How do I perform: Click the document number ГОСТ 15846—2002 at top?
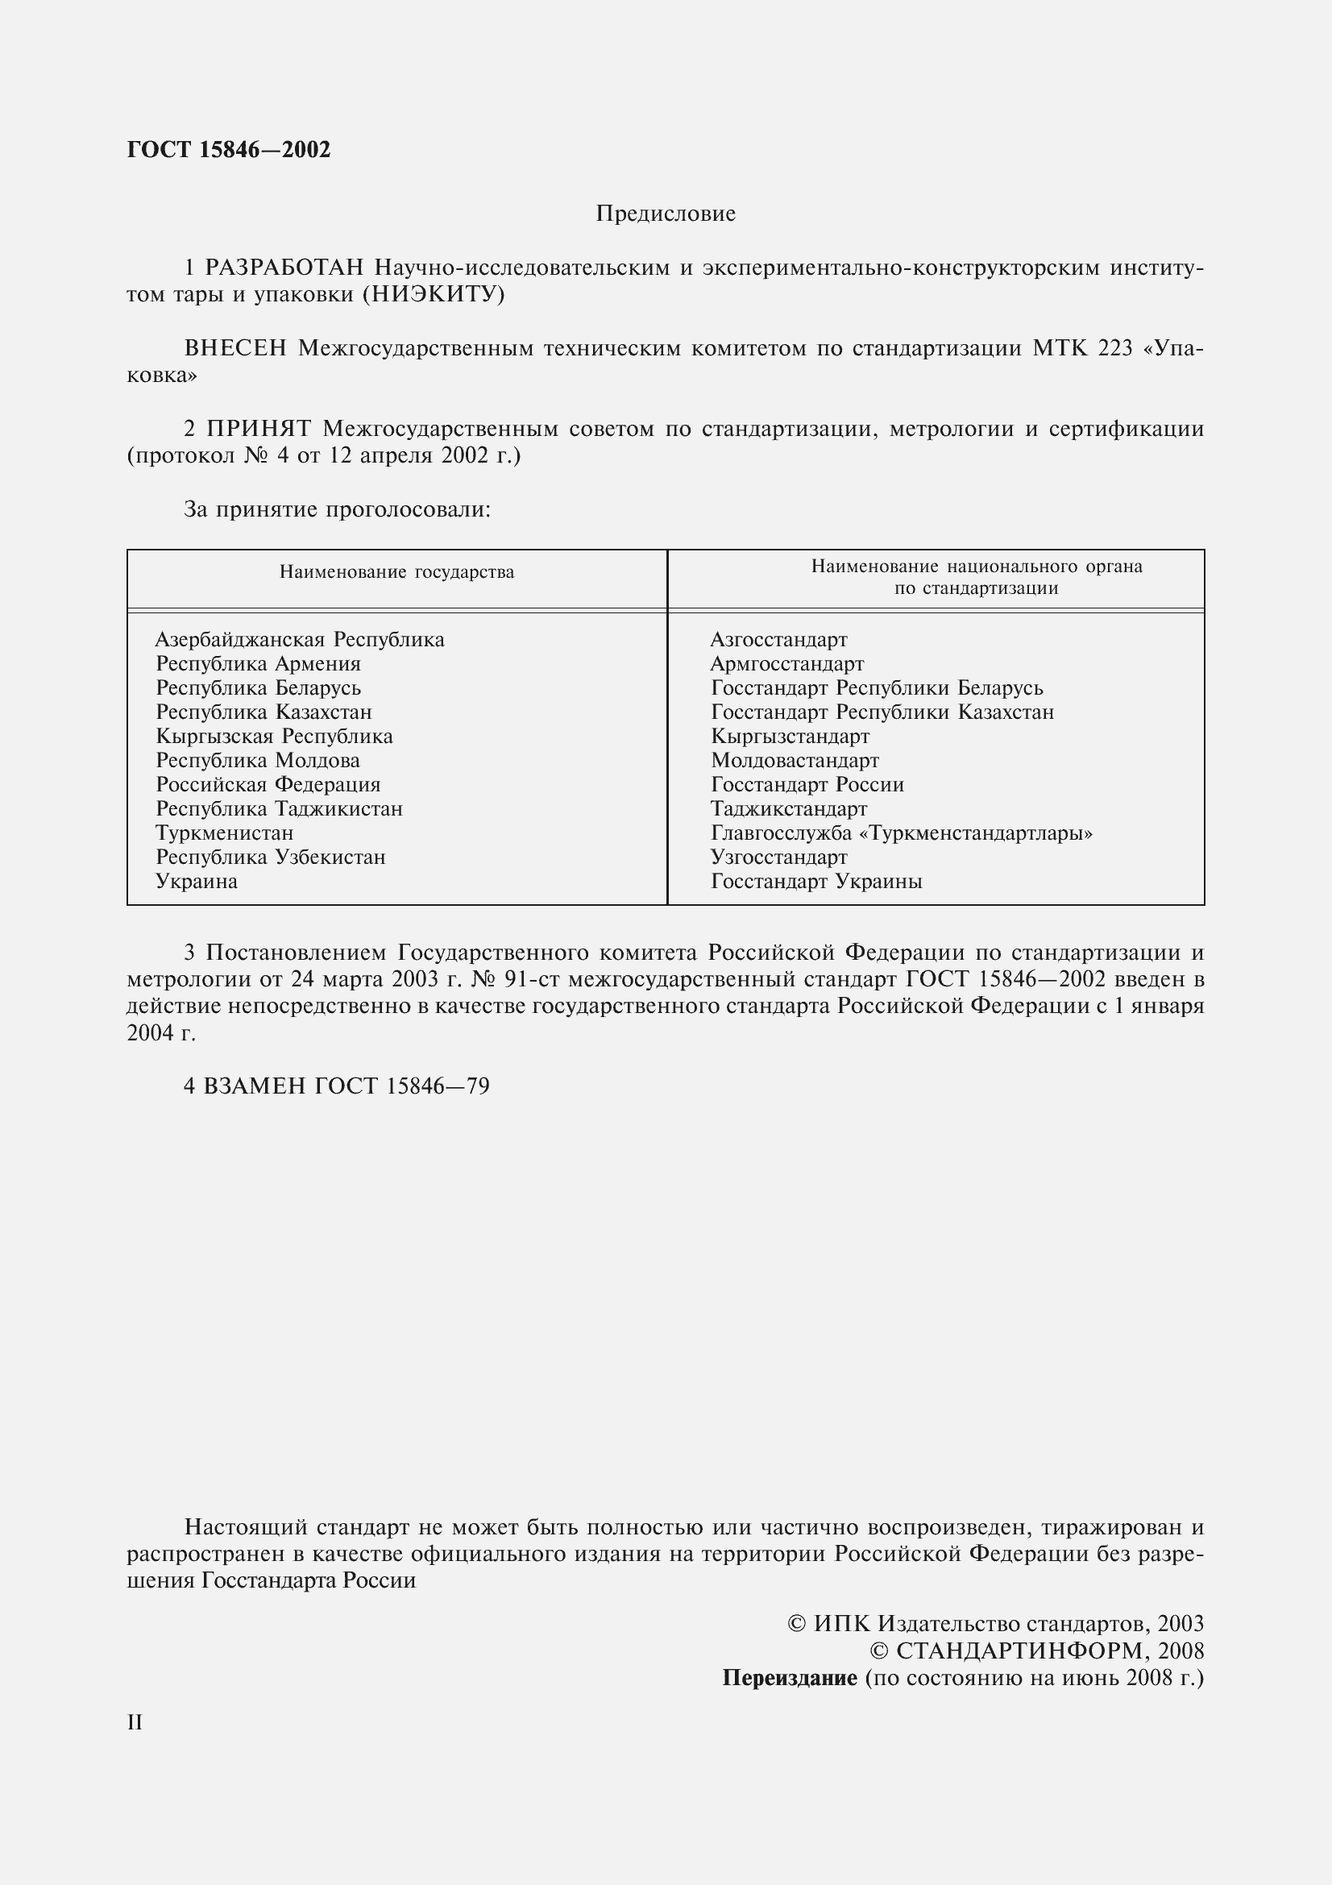[x=229, y=150]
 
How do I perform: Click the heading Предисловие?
[x=666, y=214]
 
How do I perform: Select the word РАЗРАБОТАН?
[x=284, y=268]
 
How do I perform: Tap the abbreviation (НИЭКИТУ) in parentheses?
[x=434, y=295]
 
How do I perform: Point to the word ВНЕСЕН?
[x=235, y=349]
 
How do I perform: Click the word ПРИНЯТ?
[x=259, y=429]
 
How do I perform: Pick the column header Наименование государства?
[x=396, y=572]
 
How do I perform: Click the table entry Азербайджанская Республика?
[x=300, y=640]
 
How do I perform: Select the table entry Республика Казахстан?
[x=263, y=712]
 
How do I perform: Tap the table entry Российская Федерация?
[x=268, y=785]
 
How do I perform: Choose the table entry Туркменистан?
[x=224, y=833]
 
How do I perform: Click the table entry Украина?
[x=196, y=882]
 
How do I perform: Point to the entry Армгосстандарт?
[x=786, y=663]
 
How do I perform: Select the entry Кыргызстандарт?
[x=790, y=737]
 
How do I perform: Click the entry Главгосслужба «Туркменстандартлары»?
[x=901, y=833]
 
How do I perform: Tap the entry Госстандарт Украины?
[x=815, y=882]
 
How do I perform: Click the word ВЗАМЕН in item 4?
[x=254, y=1086]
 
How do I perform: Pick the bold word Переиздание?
[x=789, y=1678]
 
